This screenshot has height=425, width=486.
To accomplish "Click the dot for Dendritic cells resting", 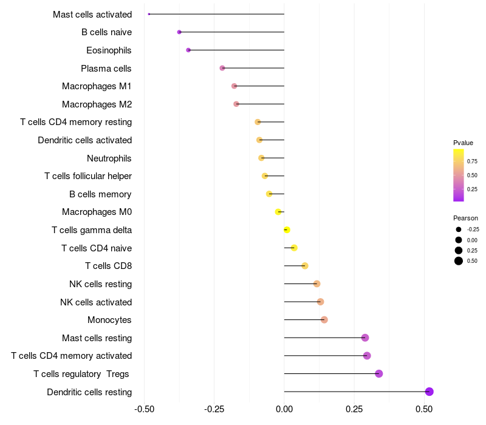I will [x=429, y=392].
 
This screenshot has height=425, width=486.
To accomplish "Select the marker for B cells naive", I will [x=179, y=32].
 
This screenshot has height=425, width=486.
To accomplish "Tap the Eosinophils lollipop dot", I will [x=188, y=50].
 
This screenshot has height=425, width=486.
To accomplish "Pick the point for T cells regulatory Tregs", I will [x=379, y=373].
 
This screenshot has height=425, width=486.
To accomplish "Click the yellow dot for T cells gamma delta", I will [x=287, y=230].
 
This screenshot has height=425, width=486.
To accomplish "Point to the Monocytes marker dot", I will [x=324, y=320].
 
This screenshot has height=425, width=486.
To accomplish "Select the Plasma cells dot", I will [x=222, y=68].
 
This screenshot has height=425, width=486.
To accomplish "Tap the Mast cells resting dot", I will [x=365, y=338].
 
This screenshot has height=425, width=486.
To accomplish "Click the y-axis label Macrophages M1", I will [x=97, y=86].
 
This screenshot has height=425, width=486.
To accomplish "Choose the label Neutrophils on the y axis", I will [x=109, y=158].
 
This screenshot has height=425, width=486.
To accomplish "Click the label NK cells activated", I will [x=96, y=302].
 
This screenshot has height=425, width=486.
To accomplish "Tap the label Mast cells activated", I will [x=92, y=14].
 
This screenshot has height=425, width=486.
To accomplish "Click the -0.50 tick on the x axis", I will [x=144, y=409].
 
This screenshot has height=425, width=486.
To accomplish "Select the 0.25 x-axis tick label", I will [x=354, y=409].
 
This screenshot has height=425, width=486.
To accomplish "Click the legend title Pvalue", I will [x=463, y=143].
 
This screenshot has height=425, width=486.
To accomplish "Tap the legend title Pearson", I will [x=465, y=218].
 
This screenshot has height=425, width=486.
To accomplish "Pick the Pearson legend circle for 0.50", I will [x=459, y=261].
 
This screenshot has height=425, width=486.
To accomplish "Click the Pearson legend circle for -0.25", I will [x=459, y=229].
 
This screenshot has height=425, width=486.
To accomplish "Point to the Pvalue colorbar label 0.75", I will [x=472, y=161].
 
